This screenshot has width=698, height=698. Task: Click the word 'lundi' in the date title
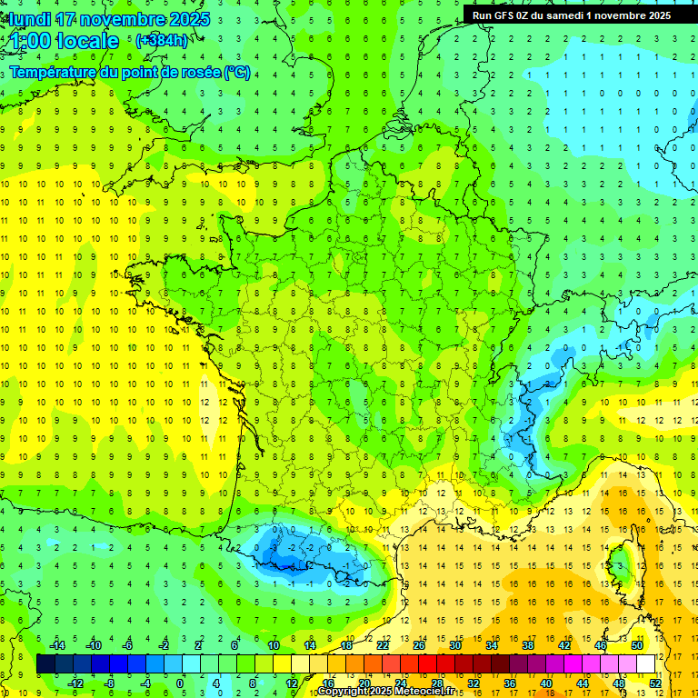coord(29,19)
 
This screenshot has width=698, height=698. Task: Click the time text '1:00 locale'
coord(65,41)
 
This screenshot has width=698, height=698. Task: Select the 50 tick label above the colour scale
coord(637,645)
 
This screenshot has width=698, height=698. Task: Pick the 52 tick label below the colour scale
coord(655,683)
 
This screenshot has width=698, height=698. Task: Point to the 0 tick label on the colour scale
coord(180,683)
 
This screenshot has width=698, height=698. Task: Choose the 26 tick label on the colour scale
coord(419,645)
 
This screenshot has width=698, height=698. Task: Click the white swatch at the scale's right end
coord(646,664)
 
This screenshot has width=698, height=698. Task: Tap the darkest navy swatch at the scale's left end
coord(46,664)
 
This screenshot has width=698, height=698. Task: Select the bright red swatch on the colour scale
coord(428,664)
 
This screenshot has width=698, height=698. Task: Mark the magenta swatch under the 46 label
coord(601,664)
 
